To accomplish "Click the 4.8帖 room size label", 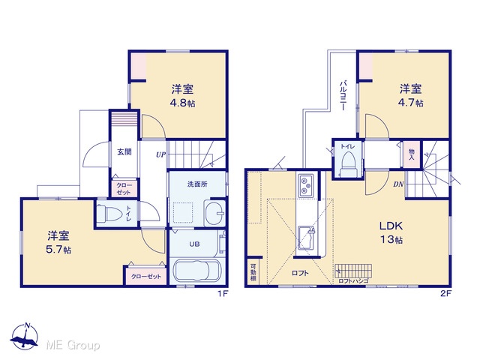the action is pyautogui.click(x=182, y=103).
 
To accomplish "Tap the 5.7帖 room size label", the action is pyautogui.click(x=58, y=250).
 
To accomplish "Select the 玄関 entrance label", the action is pyautogui.click(x=124, y=151).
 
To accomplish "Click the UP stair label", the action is pyautogui.click(x=160, y=155).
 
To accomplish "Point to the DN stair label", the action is pyautogui.click(x=398, y=184).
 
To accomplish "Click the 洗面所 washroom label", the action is pyautogui.click(x=197, y=184).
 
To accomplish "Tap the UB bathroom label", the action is pyautogui.click(x=194, y=244).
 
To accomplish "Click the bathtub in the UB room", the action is pyautogui.click(x=196, y=270).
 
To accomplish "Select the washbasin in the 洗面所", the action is pyautogui.click(x=215, y=213).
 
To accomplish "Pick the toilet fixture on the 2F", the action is pyautogui.click(x=348, y=163).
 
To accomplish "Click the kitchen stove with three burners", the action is pyautogui.click(x=306, y=185).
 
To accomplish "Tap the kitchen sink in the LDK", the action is pyautogui.click(x=307, y=238).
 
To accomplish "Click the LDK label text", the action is pyautogui.click(x=391, y=226).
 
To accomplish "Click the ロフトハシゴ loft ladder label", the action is pyautogui.click(x=353, y=280).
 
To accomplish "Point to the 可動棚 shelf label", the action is pyautogui.click(x=253, y=272).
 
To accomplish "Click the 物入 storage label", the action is pyautogui.click(x=412, y=154).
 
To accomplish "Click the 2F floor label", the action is pyautogui.click(x=445, y=293).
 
